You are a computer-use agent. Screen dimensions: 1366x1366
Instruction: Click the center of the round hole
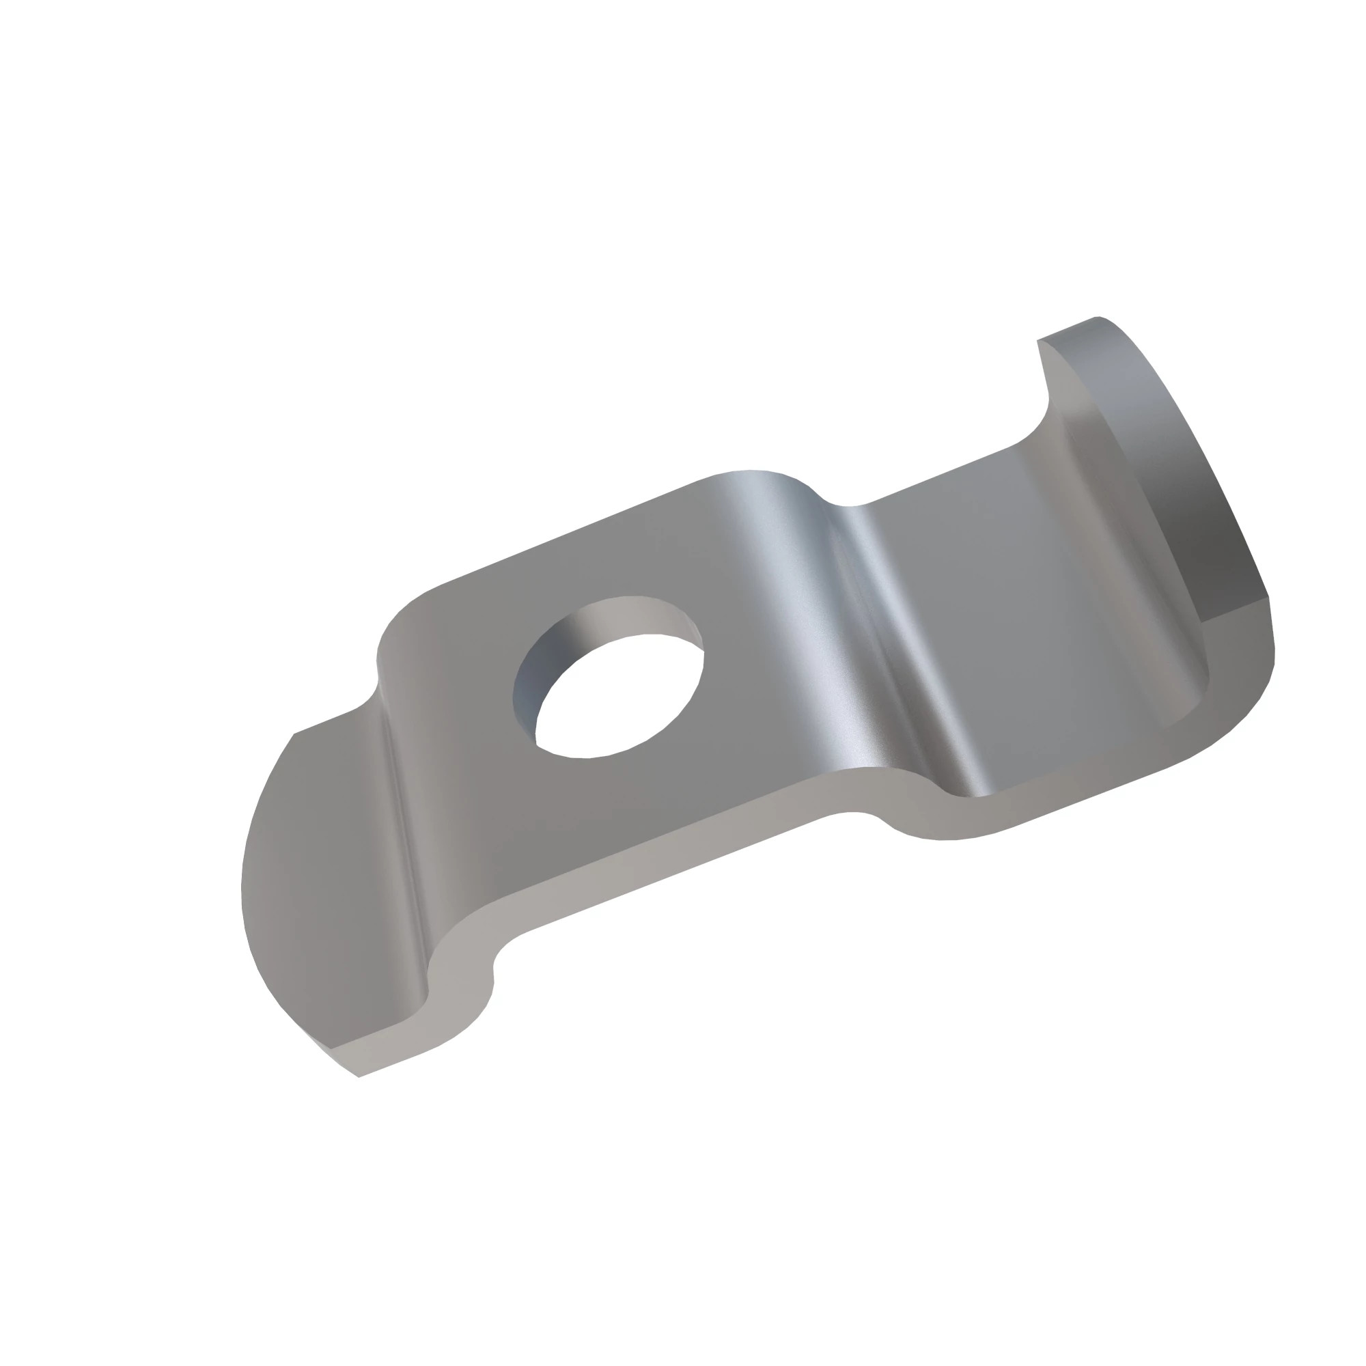click(x=620, y=697)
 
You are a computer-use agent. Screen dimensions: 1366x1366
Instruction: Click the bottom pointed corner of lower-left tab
click(x=359, y=1077)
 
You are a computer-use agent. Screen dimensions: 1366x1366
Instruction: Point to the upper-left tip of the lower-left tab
click(x=294, y=735)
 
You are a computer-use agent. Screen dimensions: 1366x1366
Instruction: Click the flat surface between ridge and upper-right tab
click(x=990, y=566)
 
